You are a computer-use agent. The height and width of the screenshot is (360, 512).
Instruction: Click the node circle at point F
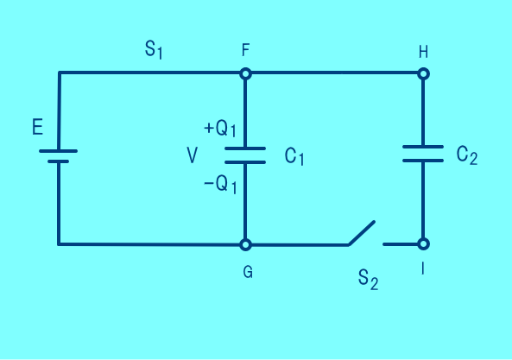pyautogui.click(x=245, y=74)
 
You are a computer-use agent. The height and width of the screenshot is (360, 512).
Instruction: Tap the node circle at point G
pyautogui.click(x=245, y=244)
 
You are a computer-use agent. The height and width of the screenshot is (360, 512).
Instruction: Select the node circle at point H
pyautogui.click(x=424, y=74)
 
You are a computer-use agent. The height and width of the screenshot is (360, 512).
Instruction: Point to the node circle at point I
pyautogui.click(x=424, y=243)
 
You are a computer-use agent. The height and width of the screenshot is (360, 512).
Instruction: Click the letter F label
pyautogui.click(x=245, y=50)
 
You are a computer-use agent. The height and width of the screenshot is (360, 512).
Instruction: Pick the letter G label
pyautogui.click(x=248, y=272)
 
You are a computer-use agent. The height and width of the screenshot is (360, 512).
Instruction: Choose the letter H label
pyautogui.click(x=423, y=52)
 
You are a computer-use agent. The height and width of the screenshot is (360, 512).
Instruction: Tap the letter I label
pyautogui.click(x=423, y=269)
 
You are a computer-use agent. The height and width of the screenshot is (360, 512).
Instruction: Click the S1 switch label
pyautogui.click(x=154, y=50)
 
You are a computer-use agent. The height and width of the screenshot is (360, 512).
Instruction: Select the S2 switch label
pyautogui.click(x=368, y=280)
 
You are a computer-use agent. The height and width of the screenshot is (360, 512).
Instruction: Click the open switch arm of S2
pyautogui.click(x=362, y=233)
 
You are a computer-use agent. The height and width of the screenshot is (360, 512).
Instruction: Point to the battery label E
pyautogui.click(x=37, y=127)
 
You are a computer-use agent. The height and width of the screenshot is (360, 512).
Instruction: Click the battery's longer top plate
pyautogui.click(x=58, y=151)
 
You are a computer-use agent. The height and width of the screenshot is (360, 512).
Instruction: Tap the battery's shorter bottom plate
pyautogui.click(x=58, y=161)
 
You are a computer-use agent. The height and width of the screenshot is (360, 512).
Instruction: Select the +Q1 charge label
pyautogui.click(x=220, y=129)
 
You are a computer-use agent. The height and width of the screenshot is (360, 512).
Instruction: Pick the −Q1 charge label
pyautogui.click(x=220, y=185)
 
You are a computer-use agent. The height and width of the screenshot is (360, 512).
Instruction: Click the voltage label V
pyautogui.click(x=192, y=155)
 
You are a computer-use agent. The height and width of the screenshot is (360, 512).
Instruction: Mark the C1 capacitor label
pyautogui.click(x=294, y=156)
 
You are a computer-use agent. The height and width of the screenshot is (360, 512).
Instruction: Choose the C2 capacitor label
pyautogui.click(x=467, y=155)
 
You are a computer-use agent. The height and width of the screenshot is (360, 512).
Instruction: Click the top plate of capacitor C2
pyautogui.click(x=423, y=147)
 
